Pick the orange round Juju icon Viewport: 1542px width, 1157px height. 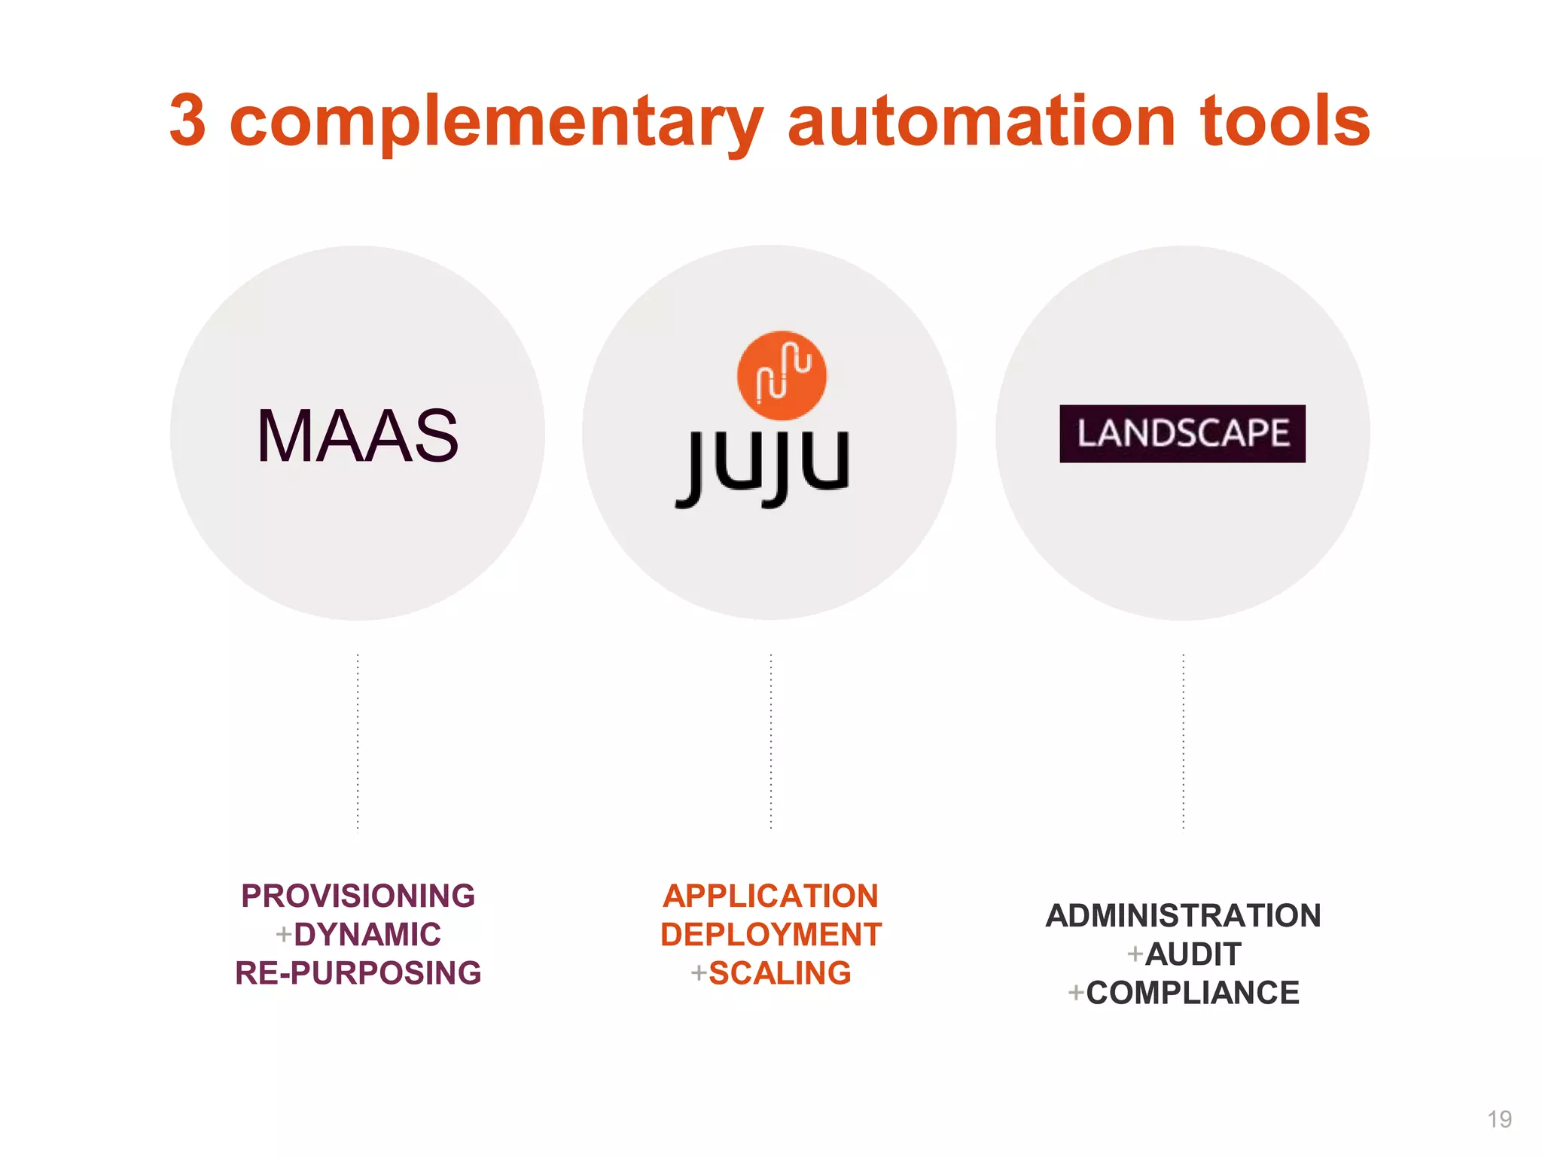[x=782, y=375]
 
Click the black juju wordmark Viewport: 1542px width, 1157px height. [x=763, y=467]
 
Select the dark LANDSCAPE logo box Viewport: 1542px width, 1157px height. [x=1182, y=434]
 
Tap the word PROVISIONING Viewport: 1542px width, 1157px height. [x=358, y=896]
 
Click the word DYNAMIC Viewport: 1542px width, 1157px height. [x=367, y=934]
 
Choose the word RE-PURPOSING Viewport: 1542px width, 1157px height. [x=358, y=973]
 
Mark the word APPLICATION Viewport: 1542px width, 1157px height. [x=770, y=896]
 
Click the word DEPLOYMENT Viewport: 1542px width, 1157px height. [x=770, y=934]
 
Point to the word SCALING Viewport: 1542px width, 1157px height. [x=780, y=973]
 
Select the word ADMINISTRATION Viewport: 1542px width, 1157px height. [x=1183, y=915]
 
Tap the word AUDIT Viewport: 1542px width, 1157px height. [x=1193, y=954]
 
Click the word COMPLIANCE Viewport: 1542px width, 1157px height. [x=1193, y=993]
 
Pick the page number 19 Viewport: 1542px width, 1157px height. [x=1499, y=1119]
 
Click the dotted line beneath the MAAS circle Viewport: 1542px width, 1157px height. [x=358, y=742]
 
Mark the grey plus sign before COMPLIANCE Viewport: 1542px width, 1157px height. [x=1076, y=993]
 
